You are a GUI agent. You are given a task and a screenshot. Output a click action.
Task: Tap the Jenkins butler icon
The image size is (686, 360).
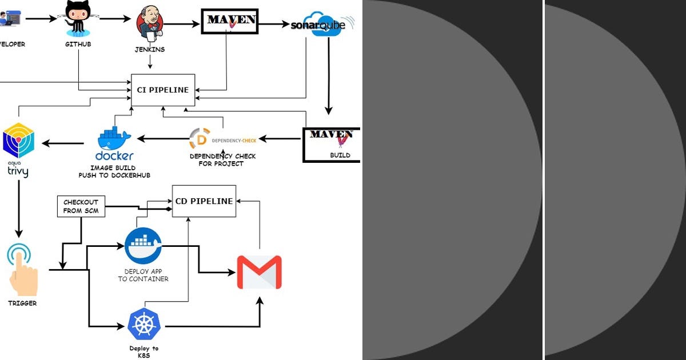click(149, 25)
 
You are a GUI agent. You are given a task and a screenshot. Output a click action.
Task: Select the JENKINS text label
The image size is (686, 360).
click(149, 50)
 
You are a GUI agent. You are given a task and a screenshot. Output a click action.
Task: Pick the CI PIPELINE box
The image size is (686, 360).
click(163, 90)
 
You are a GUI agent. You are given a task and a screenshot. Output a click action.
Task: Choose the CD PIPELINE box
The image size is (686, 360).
click(204, 201)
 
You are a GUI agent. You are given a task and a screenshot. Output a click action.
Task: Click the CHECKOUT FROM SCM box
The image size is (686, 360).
click(81, 206)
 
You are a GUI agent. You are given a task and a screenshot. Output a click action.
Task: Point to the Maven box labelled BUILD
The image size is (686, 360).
click(331, 144)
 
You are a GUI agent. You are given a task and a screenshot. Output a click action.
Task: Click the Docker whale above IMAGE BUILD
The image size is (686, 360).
click(114, 139)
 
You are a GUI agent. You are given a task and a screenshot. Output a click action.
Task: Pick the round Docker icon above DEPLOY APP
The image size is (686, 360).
click(143, 246)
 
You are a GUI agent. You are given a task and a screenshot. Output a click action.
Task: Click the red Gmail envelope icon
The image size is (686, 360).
click(259, 272)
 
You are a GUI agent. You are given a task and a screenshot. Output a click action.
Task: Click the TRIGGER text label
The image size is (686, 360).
click(22, 303)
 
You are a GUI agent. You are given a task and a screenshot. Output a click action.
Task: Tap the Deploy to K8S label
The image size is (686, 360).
click(144, 351)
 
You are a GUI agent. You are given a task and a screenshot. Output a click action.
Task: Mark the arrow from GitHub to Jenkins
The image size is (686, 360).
click(115, 19)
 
